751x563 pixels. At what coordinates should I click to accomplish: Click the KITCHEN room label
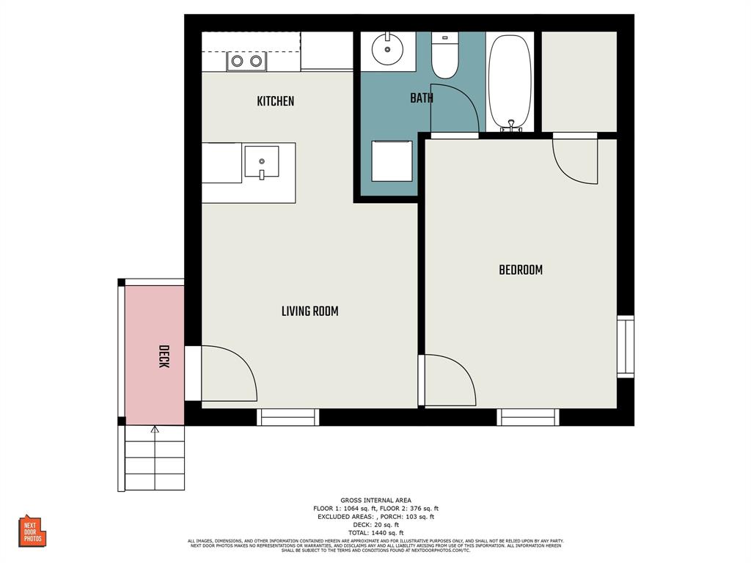tap(276, 101)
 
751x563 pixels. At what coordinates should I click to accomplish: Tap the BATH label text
tap(422, 98)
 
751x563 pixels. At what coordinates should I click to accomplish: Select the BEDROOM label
tap(521, 270)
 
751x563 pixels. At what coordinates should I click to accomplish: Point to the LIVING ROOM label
tap(310, 311)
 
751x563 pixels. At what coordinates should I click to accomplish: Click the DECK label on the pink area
tap(164, 357)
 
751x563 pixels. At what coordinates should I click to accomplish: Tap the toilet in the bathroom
tap(445, 55)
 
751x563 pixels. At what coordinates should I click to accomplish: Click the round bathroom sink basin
tap(387, 48)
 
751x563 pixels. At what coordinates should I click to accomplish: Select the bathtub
tap(510, 82)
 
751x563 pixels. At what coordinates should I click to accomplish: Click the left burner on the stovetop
tap(237, 62)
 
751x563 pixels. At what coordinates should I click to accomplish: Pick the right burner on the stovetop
tap(256, 62)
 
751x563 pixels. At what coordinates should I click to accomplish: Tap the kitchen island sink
tap(262, 162)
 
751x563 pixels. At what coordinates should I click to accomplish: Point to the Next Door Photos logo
tap(32, 531)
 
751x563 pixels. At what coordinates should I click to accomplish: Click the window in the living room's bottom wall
tap(287, 417)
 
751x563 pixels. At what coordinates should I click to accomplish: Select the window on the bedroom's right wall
tap(626, 347)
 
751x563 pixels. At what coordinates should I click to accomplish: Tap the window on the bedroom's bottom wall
tap(528, 417)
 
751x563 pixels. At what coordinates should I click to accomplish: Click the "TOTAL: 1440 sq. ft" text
tap(375, 533)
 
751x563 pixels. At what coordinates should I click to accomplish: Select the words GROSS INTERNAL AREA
tap(375, 500)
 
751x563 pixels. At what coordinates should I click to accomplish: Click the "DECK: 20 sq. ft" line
tap(375, 525)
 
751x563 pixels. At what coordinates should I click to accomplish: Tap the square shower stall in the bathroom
tap(392, 161)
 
